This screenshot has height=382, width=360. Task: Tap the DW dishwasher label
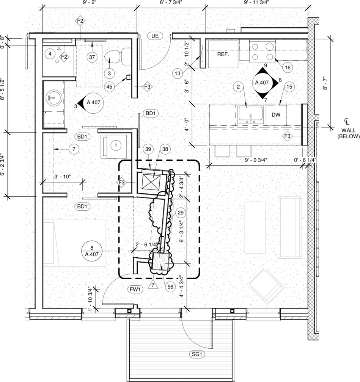pos(276,115)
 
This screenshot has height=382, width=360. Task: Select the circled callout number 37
pos(91,57)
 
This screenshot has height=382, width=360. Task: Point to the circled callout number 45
pos(110,86)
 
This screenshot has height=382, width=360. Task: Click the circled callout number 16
pos(287,67)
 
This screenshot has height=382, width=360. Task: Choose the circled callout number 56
pos(170,287)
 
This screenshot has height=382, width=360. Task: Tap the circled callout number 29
pos(180,213)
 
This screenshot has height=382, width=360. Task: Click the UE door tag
pos(154,36)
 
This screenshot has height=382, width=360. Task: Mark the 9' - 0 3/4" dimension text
pos(256,160)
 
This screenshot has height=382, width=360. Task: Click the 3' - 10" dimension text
pos(63,177)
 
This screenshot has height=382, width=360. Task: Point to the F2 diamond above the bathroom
pos(80,21)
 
